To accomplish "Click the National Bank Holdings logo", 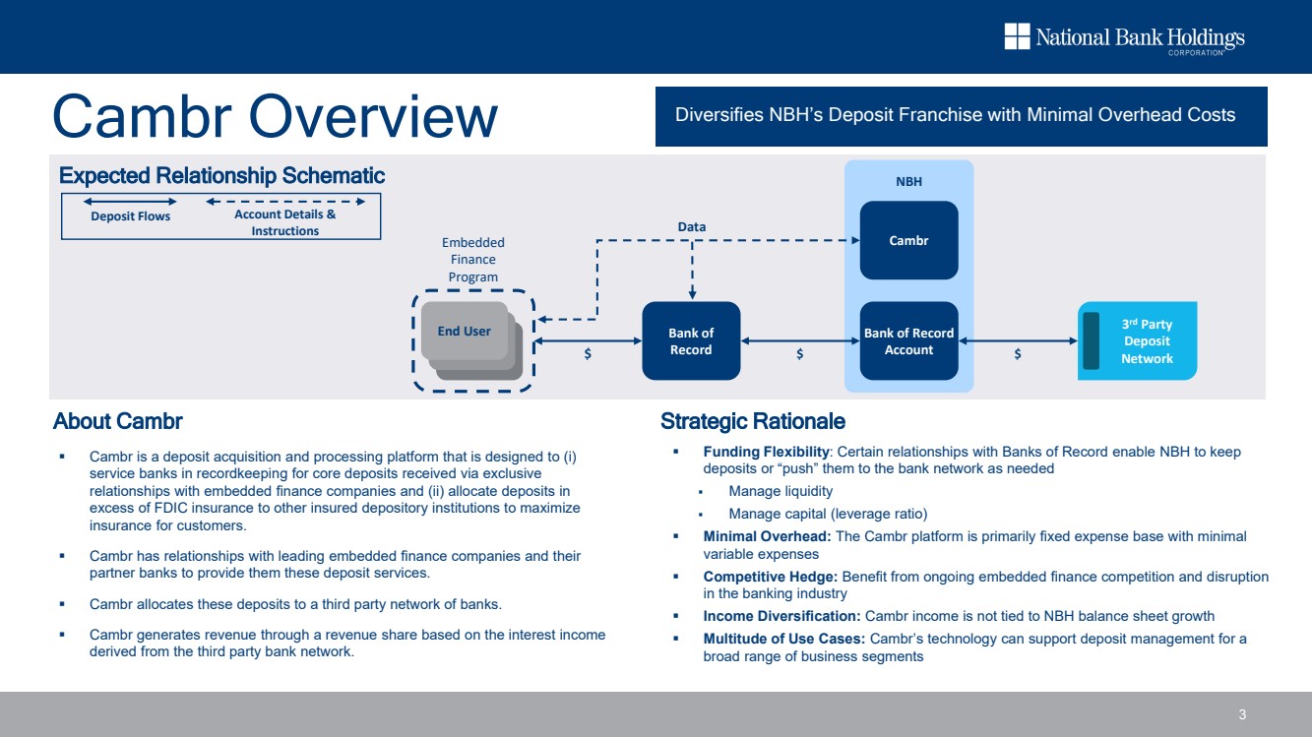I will coord(1124,38).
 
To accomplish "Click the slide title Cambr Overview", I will coord(275,116).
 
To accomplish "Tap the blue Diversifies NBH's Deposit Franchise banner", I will coord(961,116).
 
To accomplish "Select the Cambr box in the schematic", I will coord(908,240).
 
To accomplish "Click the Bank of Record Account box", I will coord(908,340).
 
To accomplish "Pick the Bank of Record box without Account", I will coord(690,340).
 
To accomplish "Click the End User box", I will coord(464,332).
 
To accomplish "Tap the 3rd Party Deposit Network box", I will coord(1146,340).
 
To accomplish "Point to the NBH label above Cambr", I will coord(908,182).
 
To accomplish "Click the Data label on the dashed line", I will coord(692,227).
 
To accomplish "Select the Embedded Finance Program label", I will coord(473,260).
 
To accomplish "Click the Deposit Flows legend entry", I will coord(131,216).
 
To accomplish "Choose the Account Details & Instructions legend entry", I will coord(284,222).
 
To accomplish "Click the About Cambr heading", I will coord(118,422).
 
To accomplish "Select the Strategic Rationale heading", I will coord(753,422).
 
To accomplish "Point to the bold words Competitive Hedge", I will coord(770,577).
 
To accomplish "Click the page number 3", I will coord(1242,714).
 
